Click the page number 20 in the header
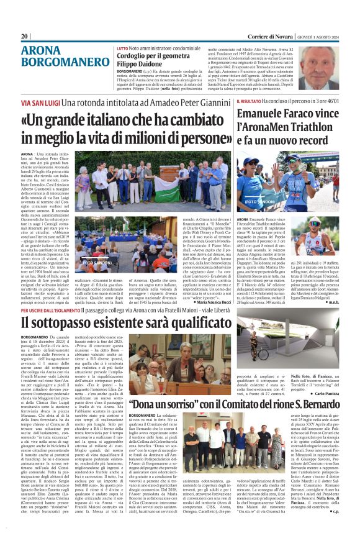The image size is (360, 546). pyautogui.click(x=25, y=36)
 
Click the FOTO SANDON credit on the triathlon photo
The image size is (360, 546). pyautogui.click(x=260, y=202)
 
